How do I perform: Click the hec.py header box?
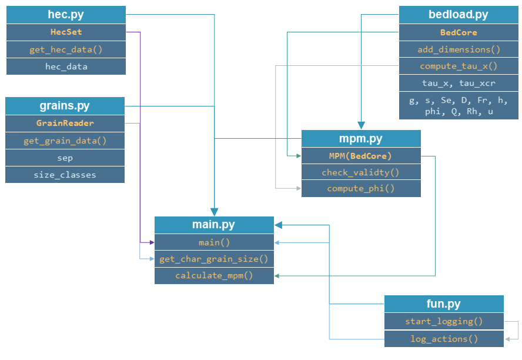click(x=66, y=15)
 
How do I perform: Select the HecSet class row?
click(x=66, y=32)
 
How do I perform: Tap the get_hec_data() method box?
click(x=66, y=49)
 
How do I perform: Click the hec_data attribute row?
click(x=66, y=66)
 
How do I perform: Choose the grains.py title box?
click(x=65, y=106)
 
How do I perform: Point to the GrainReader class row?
click(x=65, y=124)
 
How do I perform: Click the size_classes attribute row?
click(x=65, y=175)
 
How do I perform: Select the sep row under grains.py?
click(x=65, y=158)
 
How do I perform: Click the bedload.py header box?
click(x=459, y=15)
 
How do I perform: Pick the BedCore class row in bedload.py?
click(x=459, y=32)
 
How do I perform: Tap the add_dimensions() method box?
click(x=459, y=49)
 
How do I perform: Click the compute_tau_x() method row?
click(x=459, y=66)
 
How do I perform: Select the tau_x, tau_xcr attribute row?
click(x=459, y=83)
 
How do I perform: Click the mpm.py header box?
click(x=361, y=139)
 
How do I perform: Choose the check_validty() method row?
click(x=361, y=172)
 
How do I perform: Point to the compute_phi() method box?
click(x=361, y=189)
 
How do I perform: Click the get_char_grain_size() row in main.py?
click(x=214, y=259)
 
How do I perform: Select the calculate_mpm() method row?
click(x=214, y=275)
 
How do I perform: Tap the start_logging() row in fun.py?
click(x=444, y=321)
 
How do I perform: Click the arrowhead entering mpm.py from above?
click(x=361, y=125)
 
